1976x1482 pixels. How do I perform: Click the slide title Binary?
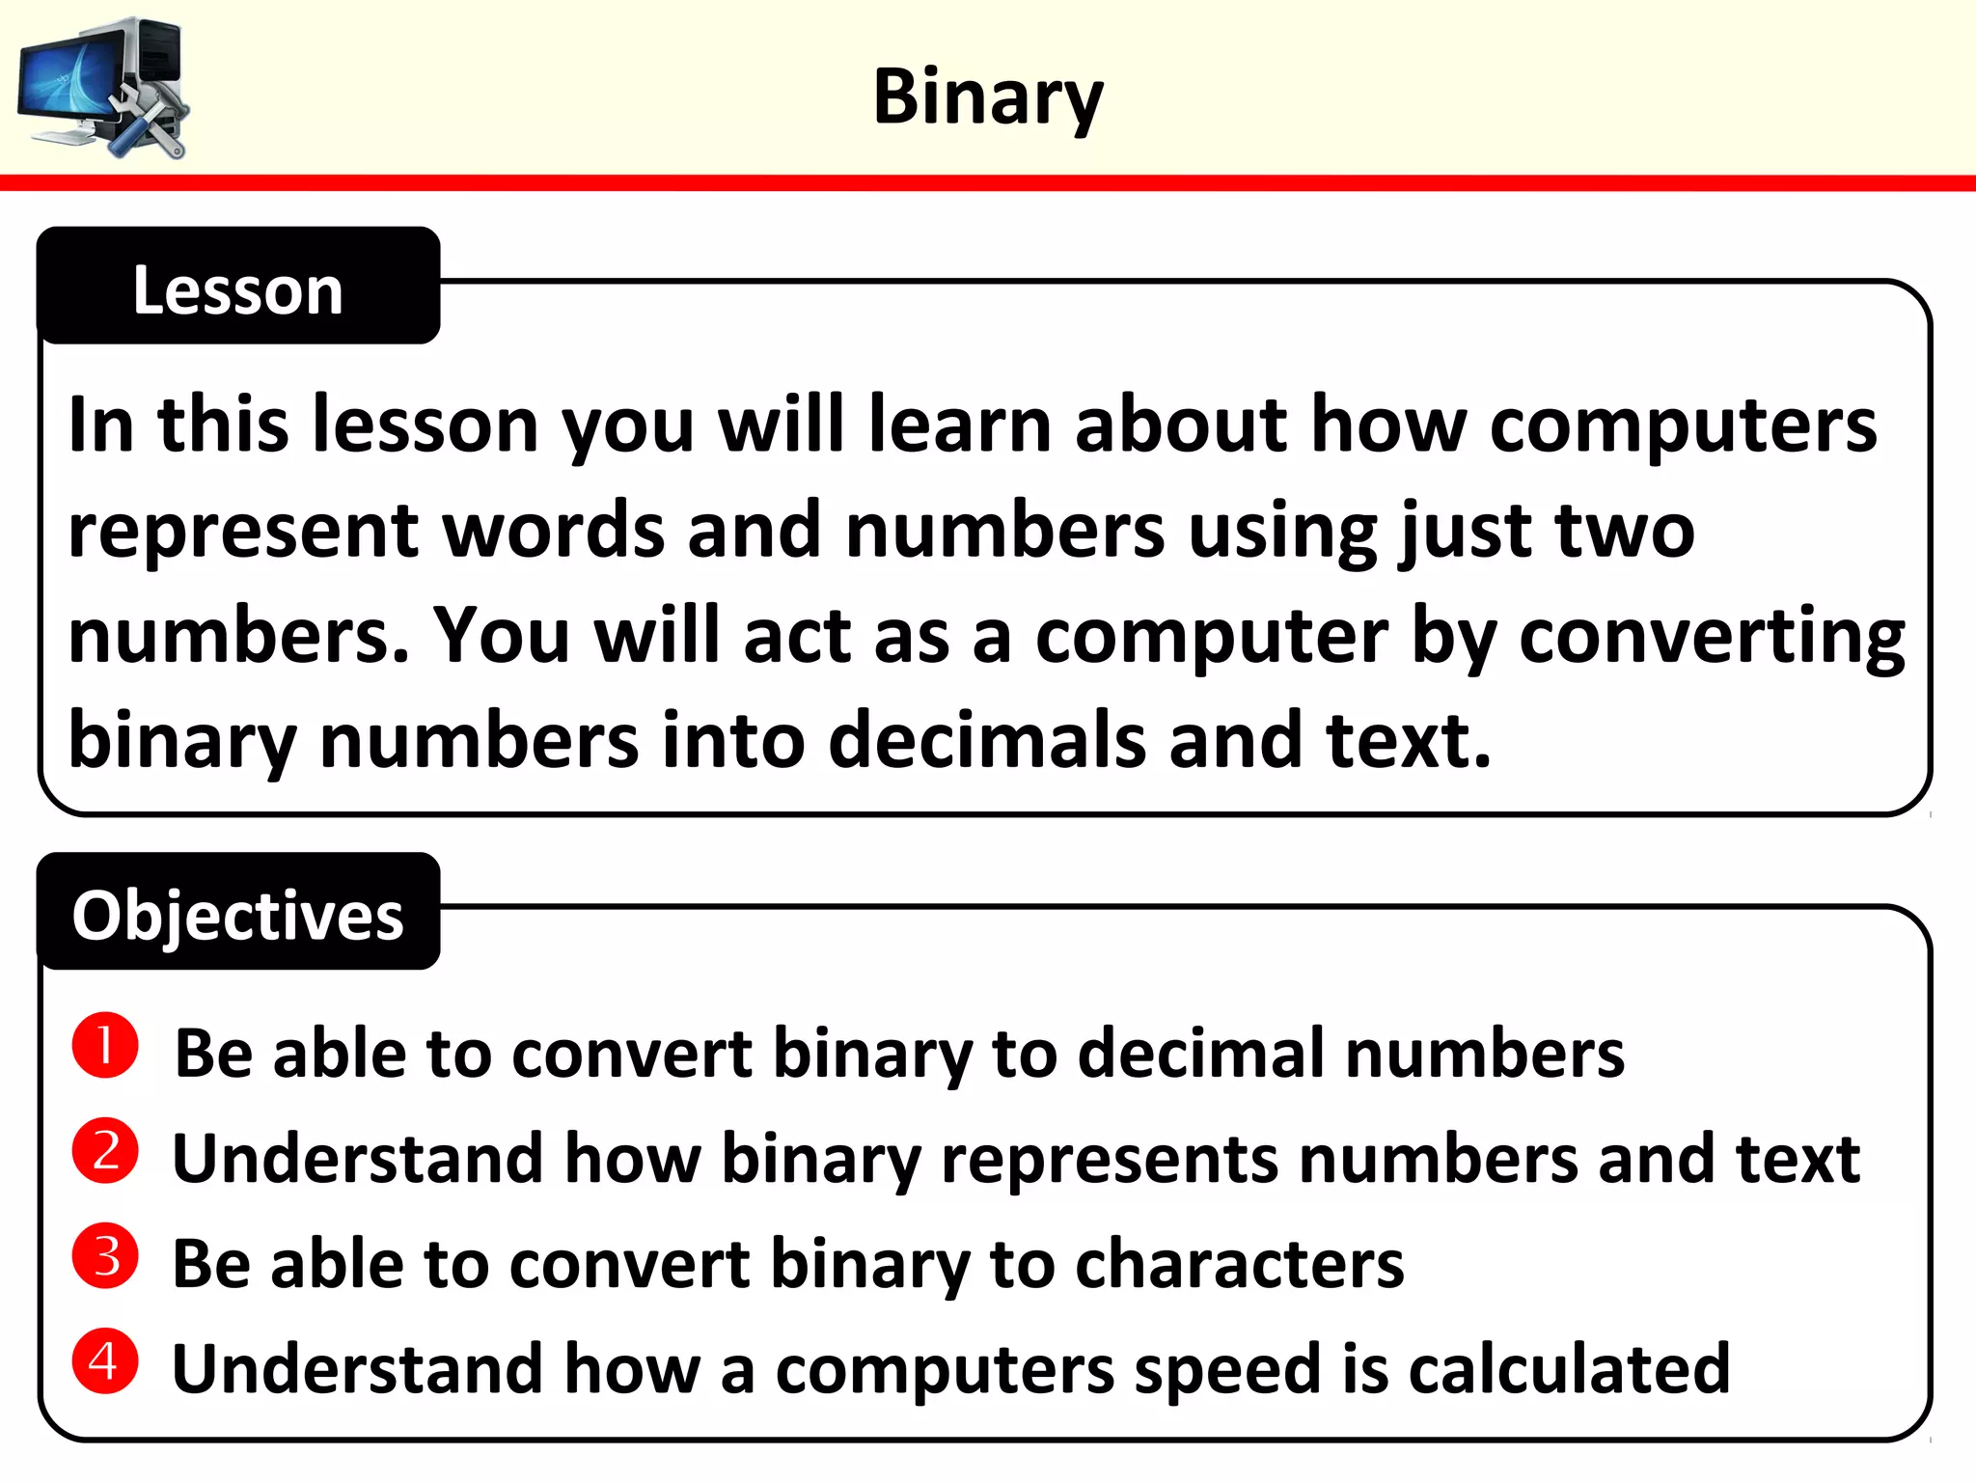(987, 97)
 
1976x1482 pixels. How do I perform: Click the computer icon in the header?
(104, 87)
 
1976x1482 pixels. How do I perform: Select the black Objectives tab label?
(238, 915)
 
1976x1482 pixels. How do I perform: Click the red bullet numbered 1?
(105, 1045)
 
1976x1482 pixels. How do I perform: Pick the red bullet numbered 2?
(105, 1151)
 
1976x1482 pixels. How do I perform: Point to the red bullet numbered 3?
(105, 1256)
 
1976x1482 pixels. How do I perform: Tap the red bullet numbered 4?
(105, 1361)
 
